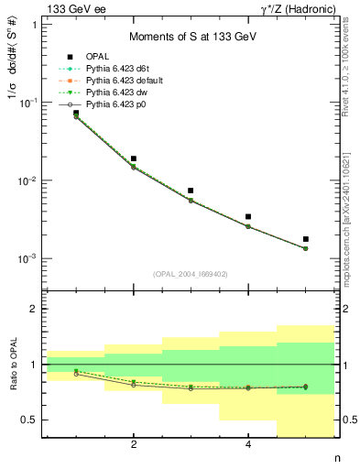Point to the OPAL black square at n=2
[134, 158]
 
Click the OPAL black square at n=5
[306, 239]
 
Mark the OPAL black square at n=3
[191, 191]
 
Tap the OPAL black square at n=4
[248, 217]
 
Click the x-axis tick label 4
[248, 445]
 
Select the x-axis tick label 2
[134, 445]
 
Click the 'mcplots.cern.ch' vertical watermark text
[350, 236]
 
